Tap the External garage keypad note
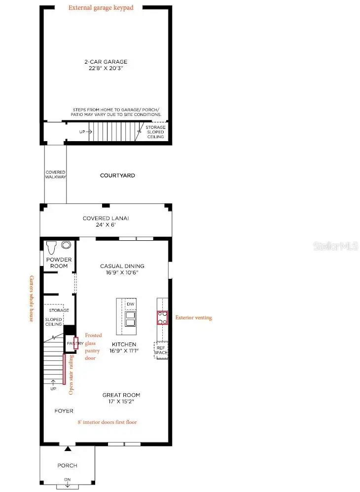click(x=101, y=8)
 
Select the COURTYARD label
click(x=117, y=176)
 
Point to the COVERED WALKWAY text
click(x=56, y=174)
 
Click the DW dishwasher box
click(x=131, y=304)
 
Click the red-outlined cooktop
click(x=163, y=317)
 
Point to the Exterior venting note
click(x=194, y=318)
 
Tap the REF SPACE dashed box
click(x=161, y=350)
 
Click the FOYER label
click(x=64, y=411)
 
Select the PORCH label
click(x=67, y=465)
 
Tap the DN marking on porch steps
click(x=67, y=480)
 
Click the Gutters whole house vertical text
click(x=32, y=299)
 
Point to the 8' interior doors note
click(x=108, y=422)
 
